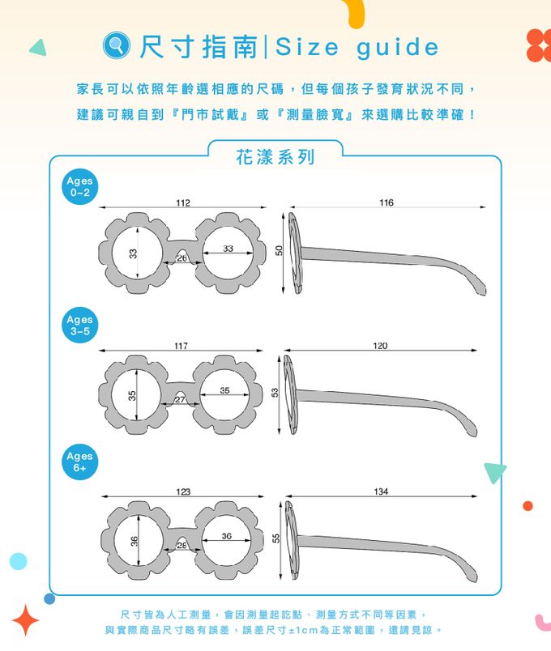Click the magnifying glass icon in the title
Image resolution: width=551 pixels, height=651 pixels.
click(117, 45)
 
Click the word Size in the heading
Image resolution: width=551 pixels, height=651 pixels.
click(306, 46)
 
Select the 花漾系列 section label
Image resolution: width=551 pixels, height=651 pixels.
click(275, 157)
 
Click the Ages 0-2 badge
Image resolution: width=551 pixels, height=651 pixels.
click(79, 186)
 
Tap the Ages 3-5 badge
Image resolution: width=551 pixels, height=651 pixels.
click(79, 325)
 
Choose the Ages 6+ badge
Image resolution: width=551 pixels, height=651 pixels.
click(79, 462)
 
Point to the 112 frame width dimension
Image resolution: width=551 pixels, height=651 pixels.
click(183, 202)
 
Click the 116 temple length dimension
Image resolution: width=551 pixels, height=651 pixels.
click(386, 202)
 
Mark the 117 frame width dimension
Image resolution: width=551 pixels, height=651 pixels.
click(181, 346)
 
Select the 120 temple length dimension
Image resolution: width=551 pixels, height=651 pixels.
click(380, 346)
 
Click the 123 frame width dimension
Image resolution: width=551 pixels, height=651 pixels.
click(183, 491)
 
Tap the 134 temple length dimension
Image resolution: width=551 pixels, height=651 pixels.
click(381, 491)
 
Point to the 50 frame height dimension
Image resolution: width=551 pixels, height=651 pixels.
click(279, 250)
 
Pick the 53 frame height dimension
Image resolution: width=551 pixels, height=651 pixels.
click(275, 393)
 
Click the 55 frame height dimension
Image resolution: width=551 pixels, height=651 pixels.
click(276, 538)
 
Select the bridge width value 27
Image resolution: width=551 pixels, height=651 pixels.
click(180, 399)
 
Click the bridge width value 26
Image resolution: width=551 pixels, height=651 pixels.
click(182, 257)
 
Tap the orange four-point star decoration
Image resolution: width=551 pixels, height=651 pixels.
click(25, 620)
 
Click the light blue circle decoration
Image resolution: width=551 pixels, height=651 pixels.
click(19, 561)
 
